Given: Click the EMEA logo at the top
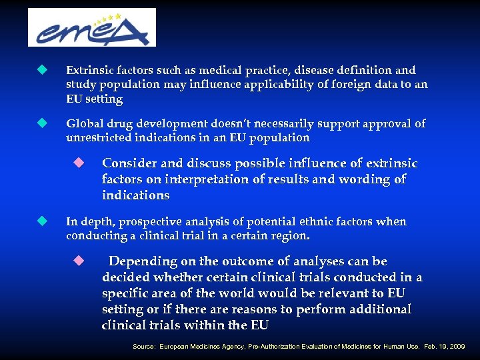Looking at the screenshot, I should tap(92, 28).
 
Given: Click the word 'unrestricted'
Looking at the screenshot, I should tap(99, 138).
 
